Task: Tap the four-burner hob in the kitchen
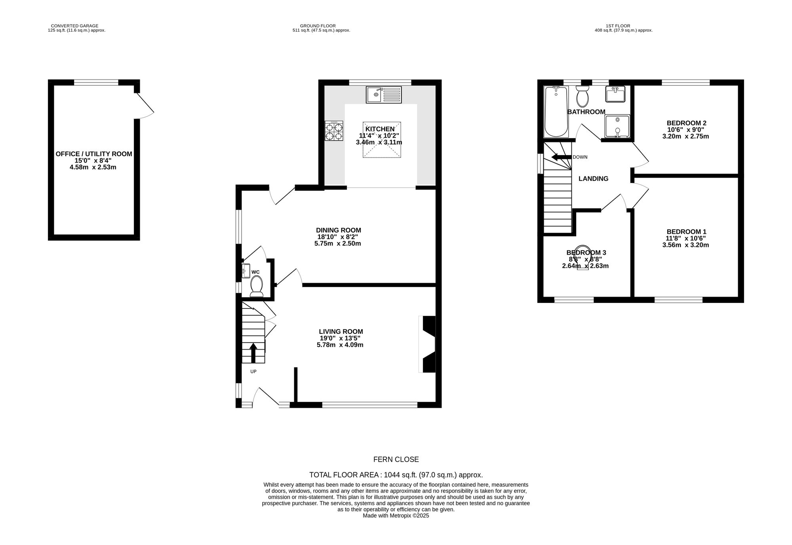tap(334, 131)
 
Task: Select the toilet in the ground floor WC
tap(257, 286)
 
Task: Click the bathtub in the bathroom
tap(556, 111)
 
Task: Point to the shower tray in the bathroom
tap(617, 127)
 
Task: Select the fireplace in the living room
tap(427, 344)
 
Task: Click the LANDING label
tap(593, 179)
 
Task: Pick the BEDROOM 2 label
tap(686, 123)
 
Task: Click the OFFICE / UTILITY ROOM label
tap(94, 154)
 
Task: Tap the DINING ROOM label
tap(339, 230)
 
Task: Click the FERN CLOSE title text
tap(396, 460)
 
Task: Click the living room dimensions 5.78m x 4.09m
tap(340, 345)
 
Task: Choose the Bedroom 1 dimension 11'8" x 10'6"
tap(686, 238)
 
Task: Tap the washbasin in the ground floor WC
tap(246, 271)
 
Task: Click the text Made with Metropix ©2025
tap(396, 516)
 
